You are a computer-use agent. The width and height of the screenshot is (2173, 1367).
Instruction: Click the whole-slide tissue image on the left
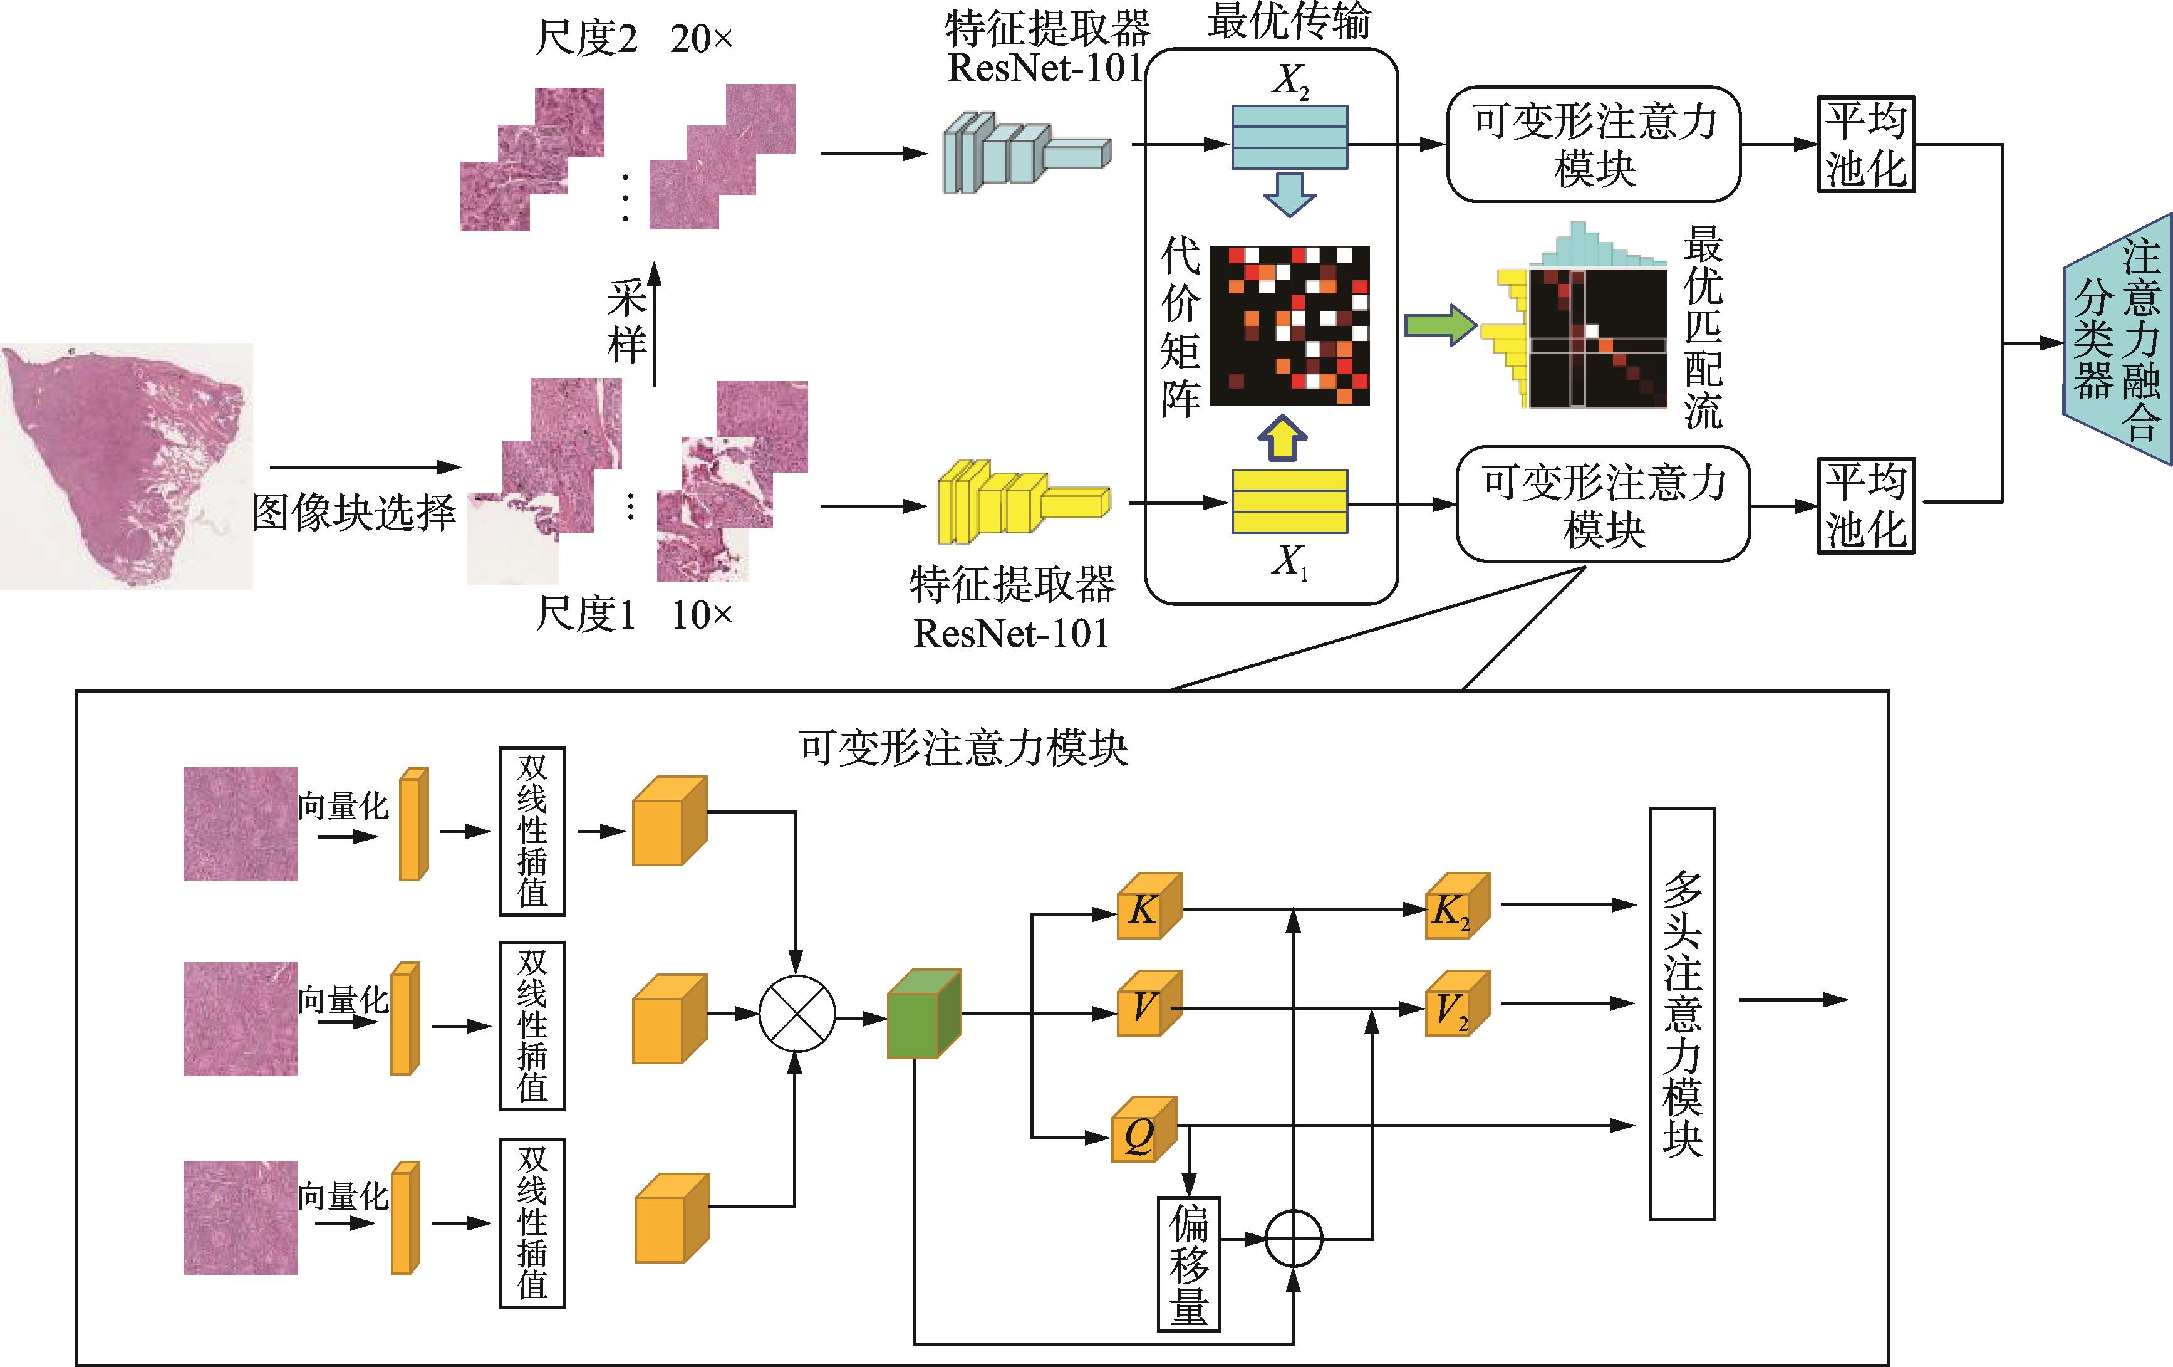tap(125, 465)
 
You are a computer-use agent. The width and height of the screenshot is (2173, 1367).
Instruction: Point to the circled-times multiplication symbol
tap(797, 1014)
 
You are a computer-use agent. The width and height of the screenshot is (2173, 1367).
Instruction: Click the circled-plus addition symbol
tap(1293, 1239)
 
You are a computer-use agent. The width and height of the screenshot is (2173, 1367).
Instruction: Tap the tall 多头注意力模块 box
tap(1682, 1013)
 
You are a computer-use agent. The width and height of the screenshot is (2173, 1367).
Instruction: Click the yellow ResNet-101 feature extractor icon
tap(1022, 502)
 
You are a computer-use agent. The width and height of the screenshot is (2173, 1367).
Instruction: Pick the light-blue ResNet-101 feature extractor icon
tap(1025, 152)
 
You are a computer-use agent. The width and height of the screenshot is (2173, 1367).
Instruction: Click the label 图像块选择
tap(354, 513)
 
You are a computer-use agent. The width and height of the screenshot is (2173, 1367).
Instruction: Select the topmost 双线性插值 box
tap(532, 830)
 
